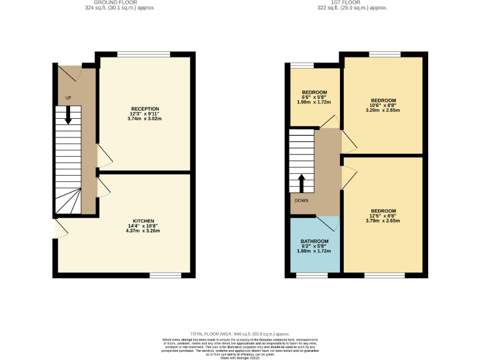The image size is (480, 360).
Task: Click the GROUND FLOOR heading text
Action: (119, 2)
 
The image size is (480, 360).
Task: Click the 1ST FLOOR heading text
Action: (352, 2)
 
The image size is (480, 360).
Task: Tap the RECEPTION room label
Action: (145, 108)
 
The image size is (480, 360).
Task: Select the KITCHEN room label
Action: (144, 221)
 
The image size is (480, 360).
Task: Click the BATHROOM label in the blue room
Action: (314, 241)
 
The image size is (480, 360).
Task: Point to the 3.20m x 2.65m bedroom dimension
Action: (383, 111)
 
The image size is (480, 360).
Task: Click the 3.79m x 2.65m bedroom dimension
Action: (383, 221)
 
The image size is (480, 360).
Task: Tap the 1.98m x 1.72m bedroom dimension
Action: (315, 102)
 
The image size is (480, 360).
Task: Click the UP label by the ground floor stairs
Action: (68, 98)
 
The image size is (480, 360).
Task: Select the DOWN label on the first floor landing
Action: (302, 201)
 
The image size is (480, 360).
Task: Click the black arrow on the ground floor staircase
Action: (67, 115)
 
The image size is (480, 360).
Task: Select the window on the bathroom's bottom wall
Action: (307, 274)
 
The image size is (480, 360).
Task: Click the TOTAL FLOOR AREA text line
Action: (239, 334)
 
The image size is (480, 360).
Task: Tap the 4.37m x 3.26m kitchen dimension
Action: (144, 231)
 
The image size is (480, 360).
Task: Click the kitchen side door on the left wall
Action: (59, 228)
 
